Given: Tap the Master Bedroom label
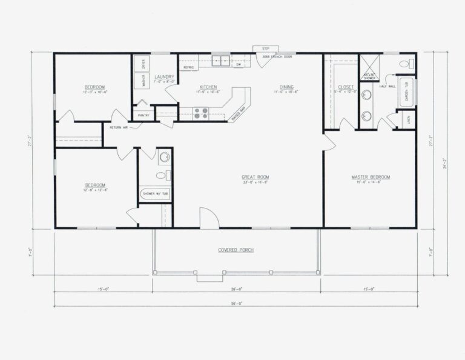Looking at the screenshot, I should (x=371, y=177).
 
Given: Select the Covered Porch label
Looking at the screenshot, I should (x=236, y=250).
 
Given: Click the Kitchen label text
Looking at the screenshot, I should (x=208, y=87).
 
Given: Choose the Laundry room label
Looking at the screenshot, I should (x=164, y=77).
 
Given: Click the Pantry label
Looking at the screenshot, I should (x=143, y=115).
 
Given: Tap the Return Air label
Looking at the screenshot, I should (x=119, y=127).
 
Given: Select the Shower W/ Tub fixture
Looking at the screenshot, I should (x=155, y=194).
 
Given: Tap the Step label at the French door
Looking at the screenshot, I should (x=265, y=48).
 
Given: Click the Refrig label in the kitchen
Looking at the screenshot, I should (x=188, y=67).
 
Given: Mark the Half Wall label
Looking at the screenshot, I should (x=387, y=86).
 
